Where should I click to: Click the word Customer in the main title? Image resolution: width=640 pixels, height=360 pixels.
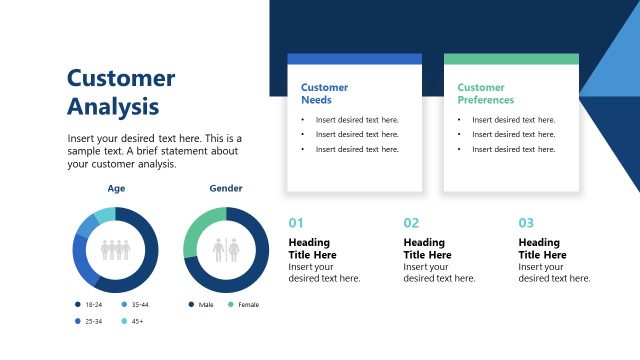click(x=121, y=79)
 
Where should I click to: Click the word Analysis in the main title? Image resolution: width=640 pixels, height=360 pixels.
click(x=112, y=106)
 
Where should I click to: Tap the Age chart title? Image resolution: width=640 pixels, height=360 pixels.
click(x=116, y=188)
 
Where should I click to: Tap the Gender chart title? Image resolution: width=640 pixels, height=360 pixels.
click(x=226, y=188)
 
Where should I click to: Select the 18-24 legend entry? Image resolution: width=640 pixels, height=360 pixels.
click(x=91, y=304)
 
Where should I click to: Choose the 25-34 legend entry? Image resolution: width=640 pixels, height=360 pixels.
click(x=91, y=321)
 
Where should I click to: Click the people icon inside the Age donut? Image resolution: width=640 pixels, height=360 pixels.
click(x=116, y=249)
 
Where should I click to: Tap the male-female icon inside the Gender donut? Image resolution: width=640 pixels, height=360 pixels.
click(x=226, y=249)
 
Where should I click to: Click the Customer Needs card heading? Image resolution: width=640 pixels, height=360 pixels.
click(x=324, y=94)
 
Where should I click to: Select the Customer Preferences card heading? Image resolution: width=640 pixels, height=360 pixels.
click(x=485, y=94)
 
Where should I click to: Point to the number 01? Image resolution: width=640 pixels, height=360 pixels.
click(x=295, y=223)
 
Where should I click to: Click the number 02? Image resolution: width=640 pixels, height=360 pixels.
click(x=411, y=223)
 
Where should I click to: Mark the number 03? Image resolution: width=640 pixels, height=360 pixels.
click(x=526, y=223)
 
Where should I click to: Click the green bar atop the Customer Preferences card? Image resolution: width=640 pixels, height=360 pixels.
click(x=511, y=59)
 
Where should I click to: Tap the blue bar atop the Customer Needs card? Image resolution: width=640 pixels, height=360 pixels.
click(x=354, y=59)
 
